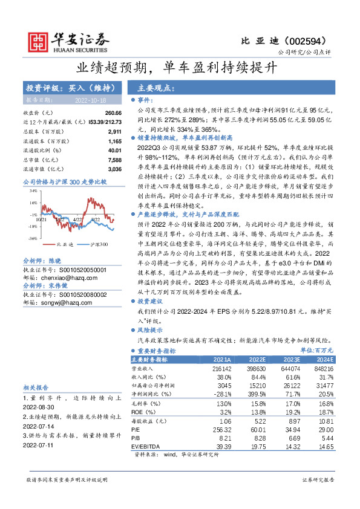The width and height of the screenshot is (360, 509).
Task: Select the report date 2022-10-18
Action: pyautogui.click(x=91, y=99)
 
